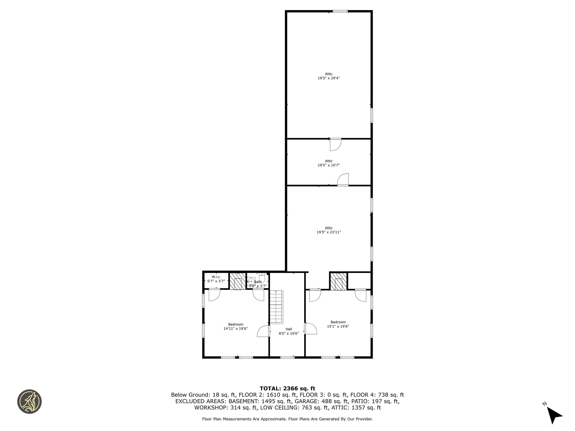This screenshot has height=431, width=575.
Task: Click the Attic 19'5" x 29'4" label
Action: [328, 76]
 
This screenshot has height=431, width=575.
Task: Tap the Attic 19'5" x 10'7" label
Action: [328, 163]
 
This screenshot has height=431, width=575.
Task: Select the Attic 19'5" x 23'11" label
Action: [328, 230]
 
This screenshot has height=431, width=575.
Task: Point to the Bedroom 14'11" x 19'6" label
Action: [235, 326]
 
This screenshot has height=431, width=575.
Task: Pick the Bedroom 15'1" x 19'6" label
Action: [338, 324]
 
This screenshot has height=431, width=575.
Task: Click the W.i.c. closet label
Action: [216, 279]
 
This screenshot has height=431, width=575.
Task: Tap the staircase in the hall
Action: [276, 307]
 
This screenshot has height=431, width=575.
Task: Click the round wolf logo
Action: [29, 401]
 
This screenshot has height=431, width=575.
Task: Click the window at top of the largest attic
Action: [340, 11]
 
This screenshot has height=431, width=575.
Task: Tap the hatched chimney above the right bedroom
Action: [338, 281]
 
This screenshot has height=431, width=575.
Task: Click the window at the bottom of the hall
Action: [287, 357]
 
